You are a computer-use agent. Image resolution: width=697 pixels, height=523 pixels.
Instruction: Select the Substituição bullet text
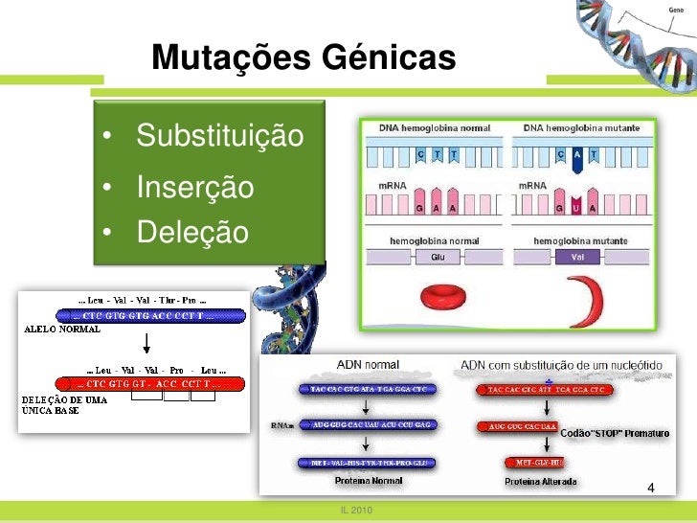219,137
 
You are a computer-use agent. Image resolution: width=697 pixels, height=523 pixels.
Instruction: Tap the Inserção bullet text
194,186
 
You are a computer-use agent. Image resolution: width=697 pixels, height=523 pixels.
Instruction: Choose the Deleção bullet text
191,233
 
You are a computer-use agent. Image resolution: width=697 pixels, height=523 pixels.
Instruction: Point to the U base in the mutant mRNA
576,207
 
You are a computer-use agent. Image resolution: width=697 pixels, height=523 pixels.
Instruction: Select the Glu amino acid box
438,258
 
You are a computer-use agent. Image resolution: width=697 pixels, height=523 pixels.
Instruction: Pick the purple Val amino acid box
576,258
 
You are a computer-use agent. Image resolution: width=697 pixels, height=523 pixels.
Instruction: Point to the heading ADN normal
368,364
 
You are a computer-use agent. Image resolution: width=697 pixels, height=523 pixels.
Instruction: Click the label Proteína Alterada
541,482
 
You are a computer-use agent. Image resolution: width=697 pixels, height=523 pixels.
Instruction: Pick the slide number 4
651,489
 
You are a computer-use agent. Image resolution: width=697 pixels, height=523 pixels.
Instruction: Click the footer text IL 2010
356,510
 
